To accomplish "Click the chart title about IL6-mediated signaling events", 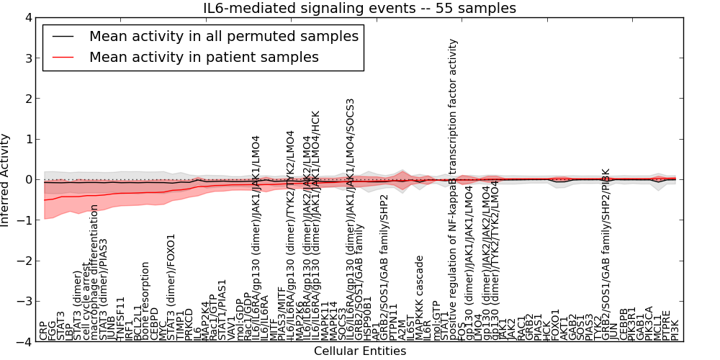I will pyautogui.click(x=360, y=8).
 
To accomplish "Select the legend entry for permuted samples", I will pyautogui.click(x=223, y=36).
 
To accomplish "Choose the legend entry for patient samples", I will pyautogui.click(x=204, y=57).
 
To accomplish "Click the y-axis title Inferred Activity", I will pyautogui.click(x=6, y=180).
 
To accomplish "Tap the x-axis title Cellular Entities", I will pyautogui.click(x=360, y=351).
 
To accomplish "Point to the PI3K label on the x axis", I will pyautogui.click(x=675, y=330).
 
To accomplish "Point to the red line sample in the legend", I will pyautogui.click(x=65, y=57).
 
